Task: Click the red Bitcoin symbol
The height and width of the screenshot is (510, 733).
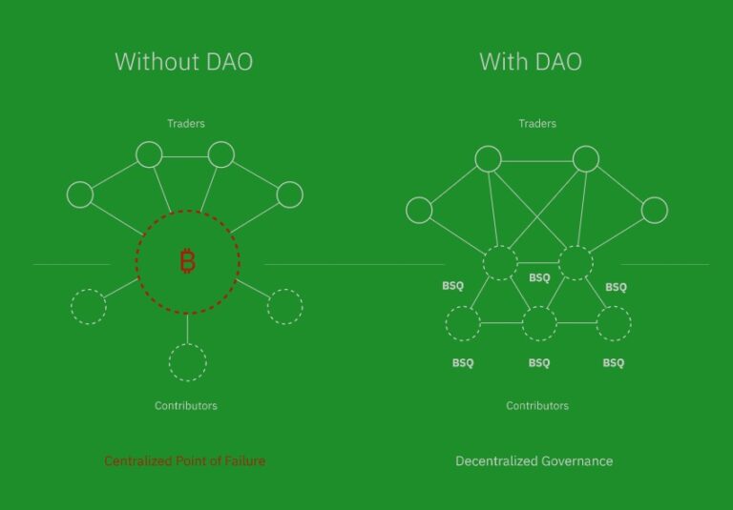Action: pos(187,261)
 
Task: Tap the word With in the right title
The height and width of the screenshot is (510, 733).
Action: pos(499,63)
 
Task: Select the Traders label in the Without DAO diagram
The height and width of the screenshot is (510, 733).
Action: pos(186,123)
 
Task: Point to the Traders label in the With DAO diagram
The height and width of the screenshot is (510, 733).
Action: pos(537,123)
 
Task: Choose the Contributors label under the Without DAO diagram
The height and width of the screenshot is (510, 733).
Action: pos(186,406)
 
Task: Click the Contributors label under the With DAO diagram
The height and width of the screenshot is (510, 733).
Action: pos(537,406)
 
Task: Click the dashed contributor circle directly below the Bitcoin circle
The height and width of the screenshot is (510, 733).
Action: pos(188,361)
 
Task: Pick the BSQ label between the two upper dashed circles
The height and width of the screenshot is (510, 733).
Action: pos(539,278)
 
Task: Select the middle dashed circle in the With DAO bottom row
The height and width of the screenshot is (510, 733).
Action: pos(539,324)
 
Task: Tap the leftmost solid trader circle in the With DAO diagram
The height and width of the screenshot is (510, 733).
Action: pos(419,211)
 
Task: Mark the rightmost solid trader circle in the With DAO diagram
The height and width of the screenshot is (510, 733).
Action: pos(655,211)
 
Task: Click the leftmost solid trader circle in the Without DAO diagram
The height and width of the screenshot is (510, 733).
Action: pos(80,195)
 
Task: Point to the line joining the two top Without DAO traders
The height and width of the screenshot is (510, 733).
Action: pos(185,154)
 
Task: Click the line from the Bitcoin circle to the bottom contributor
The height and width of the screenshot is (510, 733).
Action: pos(188,327)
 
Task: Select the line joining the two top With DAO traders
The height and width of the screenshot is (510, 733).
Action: pos(537,159)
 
